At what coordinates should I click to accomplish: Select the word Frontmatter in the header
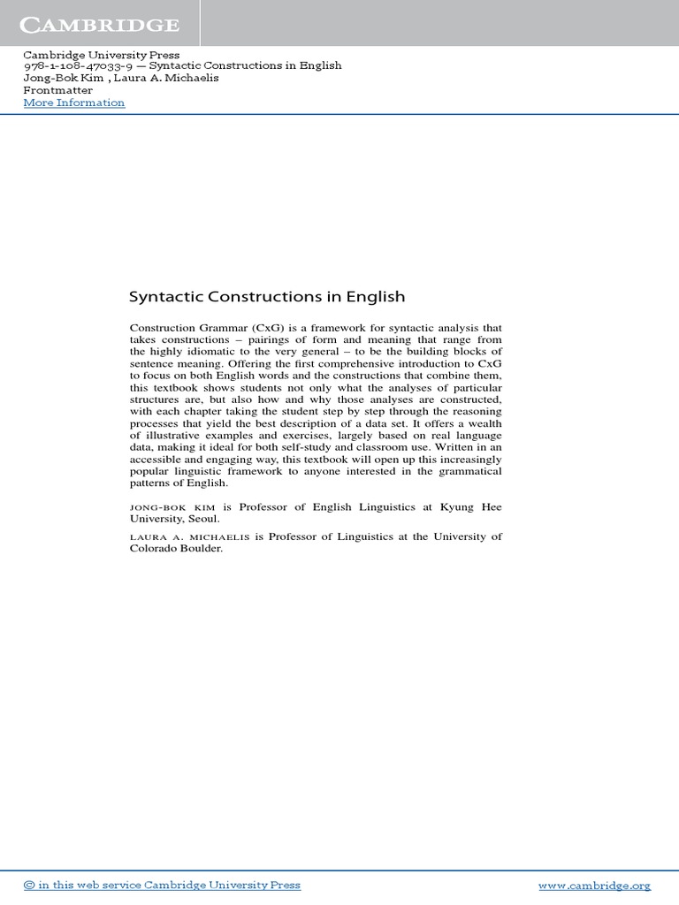pyautogui.click(x=57, y=90)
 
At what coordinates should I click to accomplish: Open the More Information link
pyautogui.click(x=74, y=103)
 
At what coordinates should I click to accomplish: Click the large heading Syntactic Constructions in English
pyautogui.click(x=267, y=297)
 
